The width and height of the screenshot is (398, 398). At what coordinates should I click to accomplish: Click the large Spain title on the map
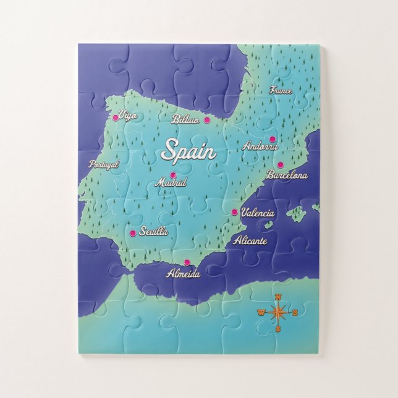tap(188, 150)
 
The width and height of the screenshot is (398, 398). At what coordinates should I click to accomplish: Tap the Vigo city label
tap(128, 115)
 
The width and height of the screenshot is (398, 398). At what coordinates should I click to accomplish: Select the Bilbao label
tap(186, 119)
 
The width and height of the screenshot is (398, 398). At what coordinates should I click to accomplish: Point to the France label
tap(281, 90)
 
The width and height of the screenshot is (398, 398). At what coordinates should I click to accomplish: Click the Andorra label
tap(260, 146)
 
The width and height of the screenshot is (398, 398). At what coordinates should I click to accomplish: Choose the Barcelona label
tap(287, 175)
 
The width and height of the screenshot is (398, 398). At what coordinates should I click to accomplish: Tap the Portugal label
tap(103, 164)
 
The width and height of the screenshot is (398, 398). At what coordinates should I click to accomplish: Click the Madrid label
tap(171, 183)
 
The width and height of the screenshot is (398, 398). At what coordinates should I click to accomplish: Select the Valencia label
tap(257, 213)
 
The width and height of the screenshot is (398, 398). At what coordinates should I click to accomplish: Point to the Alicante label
tap(250, 241)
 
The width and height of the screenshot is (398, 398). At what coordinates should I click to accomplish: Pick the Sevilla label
tap(154, 232)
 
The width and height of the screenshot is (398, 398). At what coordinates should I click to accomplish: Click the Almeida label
tap(184, 273)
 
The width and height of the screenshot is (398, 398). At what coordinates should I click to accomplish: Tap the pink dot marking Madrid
tap(173, 175)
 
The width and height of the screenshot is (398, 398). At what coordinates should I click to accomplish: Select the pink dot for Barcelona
tap(280, 164)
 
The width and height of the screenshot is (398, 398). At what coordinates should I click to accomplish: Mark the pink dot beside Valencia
tap(234, 212)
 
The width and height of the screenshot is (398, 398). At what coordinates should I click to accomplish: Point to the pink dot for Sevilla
tap(133, 233)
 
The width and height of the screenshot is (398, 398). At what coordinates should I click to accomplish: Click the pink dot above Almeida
tap(187, 261)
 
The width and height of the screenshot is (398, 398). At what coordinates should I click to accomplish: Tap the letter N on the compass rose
tap(277, 297)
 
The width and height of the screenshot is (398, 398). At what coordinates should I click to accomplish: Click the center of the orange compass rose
tap(277, 312)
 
